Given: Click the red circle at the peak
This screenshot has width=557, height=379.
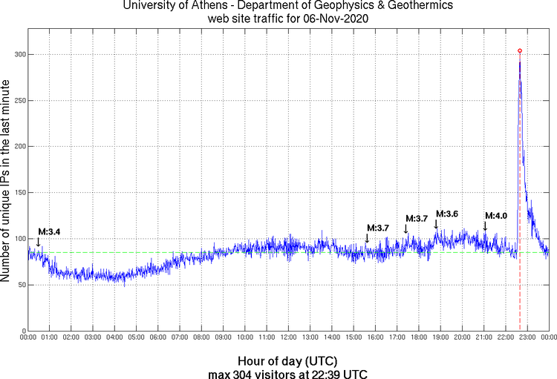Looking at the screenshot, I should tap(519, 50).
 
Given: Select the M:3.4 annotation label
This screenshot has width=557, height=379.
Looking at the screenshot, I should tap(49, 232).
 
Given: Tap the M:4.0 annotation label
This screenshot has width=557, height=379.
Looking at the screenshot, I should tap(495, 216).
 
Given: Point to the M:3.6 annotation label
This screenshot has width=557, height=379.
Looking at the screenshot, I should tap(447, 214).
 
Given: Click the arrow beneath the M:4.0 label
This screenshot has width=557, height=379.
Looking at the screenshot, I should tap(485, 225).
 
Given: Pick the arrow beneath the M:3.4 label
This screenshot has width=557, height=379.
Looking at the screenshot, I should tap(38, 241).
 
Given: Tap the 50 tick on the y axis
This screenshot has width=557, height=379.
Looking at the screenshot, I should tap(20, 285).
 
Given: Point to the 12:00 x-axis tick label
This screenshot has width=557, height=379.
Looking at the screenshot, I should tap(288, 338).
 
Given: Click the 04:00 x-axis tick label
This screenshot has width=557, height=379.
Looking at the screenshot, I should tap(114, 338).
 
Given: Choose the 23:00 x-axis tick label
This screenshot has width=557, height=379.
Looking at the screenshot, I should tap(527, 338).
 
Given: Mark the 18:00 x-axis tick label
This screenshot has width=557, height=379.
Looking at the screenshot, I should tap(418, 338).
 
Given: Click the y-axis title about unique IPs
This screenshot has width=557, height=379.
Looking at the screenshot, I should tap(7, 182).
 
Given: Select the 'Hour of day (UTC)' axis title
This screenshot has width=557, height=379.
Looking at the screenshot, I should tap(288, 360).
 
